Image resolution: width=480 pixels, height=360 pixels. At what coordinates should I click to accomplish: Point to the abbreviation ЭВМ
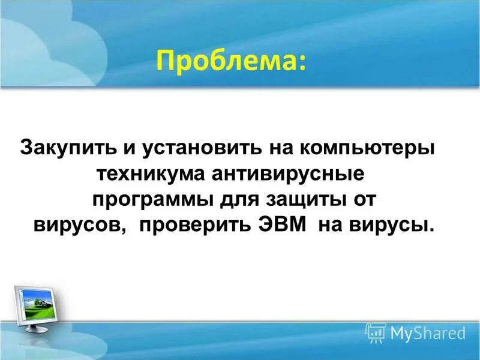pyautogui.click(x=290, y=226)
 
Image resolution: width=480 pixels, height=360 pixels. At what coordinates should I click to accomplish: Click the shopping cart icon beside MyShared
pyautogui.click(x=376, y=331)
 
